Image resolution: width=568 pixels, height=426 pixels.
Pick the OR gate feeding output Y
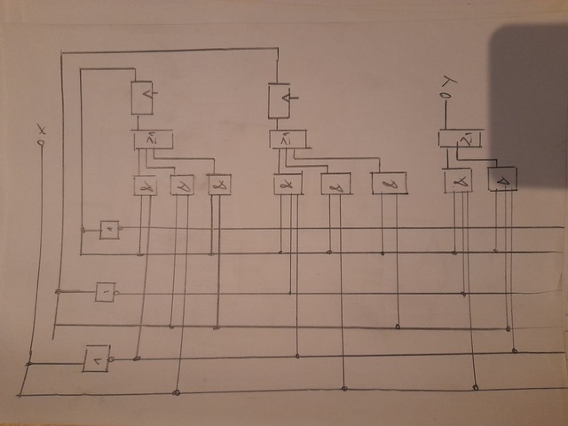(460, 138)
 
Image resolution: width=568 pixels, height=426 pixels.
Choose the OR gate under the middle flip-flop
(288, 139)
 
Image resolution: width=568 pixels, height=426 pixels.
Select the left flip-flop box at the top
(143, 98)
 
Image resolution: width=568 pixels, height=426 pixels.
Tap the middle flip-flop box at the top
(280, 99)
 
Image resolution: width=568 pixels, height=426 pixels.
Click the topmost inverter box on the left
(109, 230)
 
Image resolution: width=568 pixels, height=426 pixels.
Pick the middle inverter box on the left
(105, 291)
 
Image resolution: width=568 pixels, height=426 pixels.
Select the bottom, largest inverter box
(96, 359)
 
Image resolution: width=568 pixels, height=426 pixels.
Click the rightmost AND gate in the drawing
(503, 178)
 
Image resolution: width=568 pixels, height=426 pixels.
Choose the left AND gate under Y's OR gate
(459, 180)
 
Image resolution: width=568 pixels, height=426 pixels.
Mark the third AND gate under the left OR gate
(219, 185)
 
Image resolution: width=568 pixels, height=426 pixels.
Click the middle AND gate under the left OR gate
(182, 185)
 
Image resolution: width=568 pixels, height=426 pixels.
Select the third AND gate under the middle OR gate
(390, 183)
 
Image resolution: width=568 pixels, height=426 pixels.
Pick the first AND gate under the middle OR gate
(287, 185)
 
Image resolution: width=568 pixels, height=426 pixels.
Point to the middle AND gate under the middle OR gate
(335, 185)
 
